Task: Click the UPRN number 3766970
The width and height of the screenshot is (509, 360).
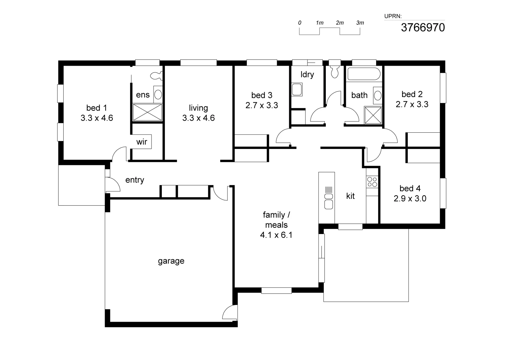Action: click(x=422, y=27)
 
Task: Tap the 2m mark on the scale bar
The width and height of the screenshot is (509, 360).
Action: click(x=339, y=23)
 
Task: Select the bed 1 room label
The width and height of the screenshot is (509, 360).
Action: click(x=97, y=108)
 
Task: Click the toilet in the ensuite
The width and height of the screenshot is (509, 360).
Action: click(x=156, y=76)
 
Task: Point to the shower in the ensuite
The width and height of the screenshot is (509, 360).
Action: click(x=147, y=112)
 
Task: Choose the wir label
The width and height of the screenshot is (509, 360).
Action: click(x=142, y=142)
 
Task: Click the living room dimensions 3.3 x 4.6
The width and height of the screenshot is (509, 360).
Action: click(x=198, y=118)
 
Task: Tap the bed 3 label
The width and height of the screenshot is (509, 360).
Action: click(x=261, y=95)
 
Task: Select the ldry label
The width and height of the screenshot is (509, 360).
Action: click(x=307, y=74)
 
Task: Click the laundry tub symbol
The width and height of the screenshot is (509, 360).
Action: click(x=297, y=90)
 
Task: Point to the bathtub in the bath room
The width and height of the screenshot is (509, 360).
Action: click(x=363, y=74)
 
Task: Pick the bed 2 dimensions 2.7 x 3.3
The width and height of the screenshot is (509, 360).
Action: click(x=412, y=104)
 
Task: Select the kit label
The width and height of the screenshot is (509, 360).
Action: click(x=350, y=196)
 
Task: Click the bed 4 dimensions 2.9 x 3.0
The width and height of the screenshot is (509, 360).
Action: click(x=410, y=199)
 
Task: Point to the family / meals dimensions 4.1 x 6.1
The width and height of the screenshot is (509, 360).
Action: click(x=276, y=235)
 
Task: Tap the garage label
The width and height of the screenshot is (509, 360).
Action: click(x=171, y=261)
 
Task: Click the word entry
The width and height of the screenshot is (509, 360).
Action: click(x=135, y=180)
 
